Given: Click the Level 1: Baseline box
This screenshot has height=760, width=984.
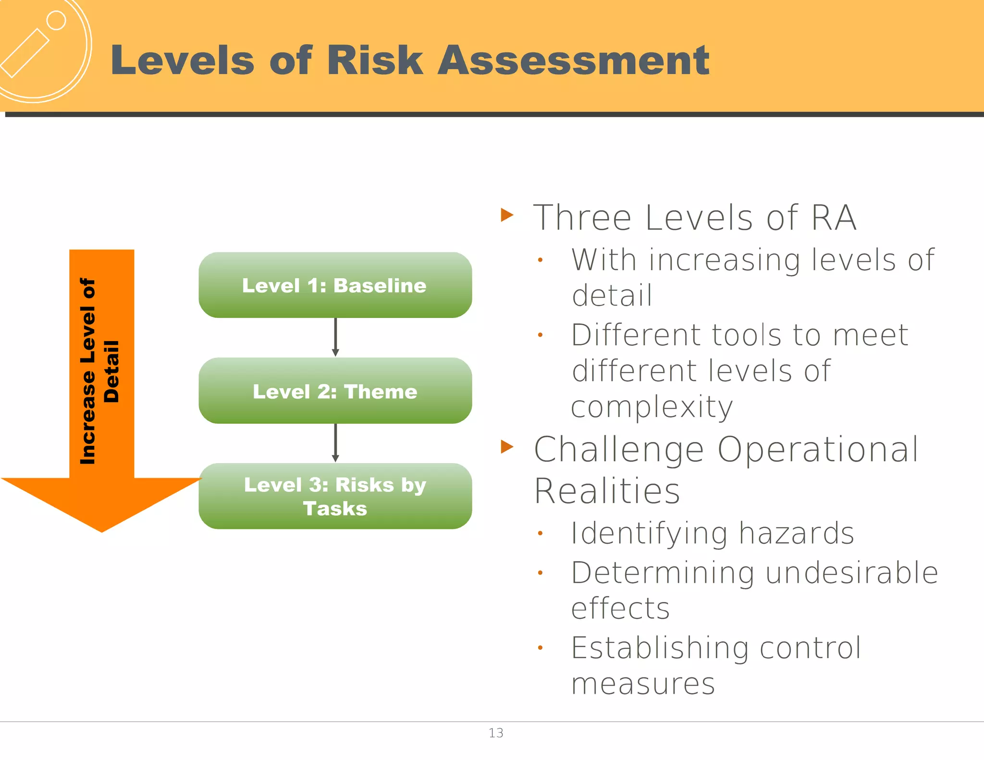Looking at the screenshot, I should click(x=335, y=285).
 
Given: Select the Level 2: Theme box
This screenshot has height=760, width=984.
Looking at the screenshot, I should click(x=335, y=391).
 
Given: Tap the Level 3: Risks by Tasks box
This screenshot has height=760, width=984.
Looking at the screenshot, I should click(x=335, y=496).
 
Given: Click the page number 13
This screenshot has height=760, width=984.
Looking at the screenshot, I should click(x=496, y=733).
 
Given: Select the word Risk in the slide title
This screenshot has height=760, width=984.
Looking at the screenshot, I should click(x=375, y=61).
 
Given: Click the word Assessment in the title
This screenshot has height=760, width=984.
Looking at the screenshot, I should click(x=573, y=61).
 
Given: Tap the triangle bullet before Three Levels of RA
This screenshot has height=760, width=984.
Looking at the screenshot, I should click(x=507, y=215).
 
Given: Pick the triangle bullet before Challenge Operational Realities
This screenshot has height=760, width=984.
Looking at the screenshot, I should click(x=507, y=447).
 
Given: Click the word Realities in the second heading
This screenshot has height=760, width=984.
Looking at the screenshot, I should click(x=607, y=491).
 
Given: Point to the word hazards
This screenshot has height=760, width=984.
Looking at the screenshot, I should click(x=796, y=533).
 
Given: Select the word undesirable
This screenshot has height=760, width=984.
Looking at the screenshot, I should click(x=851, y=573).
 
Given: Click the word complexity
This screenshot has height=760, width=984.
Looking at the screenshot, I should click(x=652, y=407).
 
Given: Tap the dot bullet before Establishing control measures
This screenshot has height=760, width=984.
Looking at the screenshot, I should click(x=540, y=648).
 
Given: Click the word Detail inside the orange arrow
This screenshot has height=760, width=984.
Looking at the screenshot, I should click(x=111, y=371).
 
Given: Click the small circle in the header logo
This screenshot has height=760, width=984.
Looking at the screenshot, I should click(x=56, y=21).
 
